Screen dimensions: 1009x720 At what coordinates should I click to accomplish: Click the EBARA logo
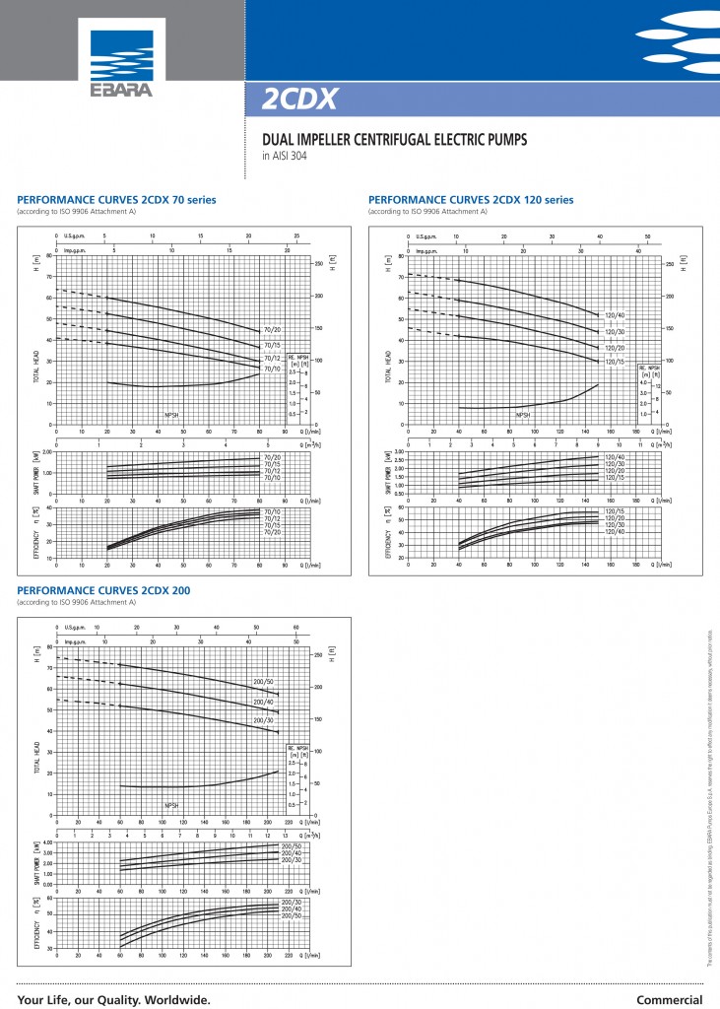pyautogui.click(x=122, y=58)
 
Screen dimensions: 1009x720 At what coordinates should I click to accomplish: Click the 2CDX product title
pyautogui.click(x=299, y=99)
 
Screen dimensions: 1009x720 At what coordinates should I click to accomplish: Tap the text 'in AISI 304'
pyautogui.click(x=284, y=156)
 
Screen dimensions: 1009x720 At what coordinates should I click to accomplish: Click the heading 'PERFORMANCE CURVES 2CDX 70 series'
pyautogui.click(x=117, y=200)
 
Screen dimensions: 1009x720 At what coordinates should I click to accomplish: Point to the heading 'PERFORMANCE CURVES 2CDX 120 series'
pyautogui.click(x=470, y=200)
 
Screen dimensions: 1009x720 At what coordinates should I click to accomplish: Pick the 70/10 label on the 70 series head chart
pyautogui.click(x=273, y=369)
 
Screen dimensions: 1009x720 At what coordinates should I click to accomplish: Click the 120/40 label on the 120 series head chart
pyautogui.click(x=615, y=314)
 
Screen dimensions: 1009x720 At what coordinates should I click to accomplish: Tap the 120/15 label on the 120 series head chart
pyautogui.click(x=615, y=362)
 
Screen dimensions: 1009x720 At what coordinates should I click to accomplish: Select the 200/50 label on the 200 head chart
pyautogui.click(x=263, y=684)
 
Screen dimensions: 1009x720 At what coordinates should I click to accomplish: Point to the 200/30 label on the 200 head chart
pyautogui.click(x=263, y=721)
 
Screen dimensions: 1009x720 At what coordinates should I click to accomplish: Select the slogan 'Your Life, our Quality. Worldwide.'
pyautogui.click(x=113, y=999)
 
